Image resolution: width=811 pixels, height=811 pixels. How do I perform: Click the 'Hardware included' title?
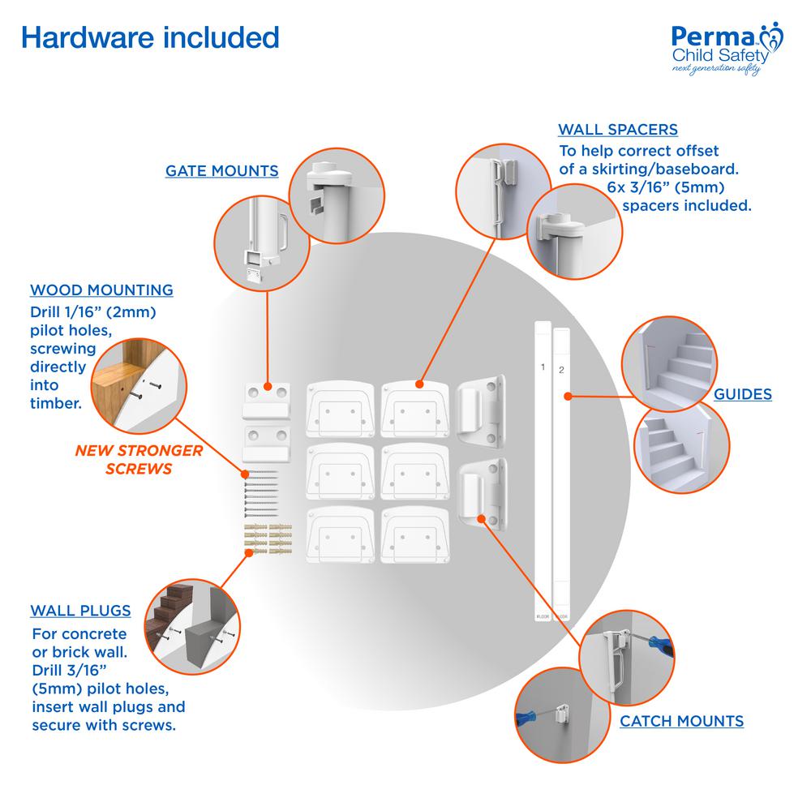point(149,38)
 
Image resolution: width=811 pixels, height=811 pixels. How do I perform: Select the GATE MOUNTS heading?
point(221,171)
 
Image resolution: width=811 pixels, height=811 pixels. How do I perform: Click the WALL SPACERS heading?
point(618,130)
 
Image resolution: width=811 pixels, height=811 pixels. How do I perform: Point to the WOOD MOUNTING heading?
point(101,290)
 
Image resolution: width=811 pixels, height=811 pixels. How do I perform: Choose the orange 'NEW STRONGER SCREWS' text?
point(139,459)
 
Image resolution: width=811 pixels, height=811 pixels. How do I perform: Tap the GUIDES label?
point(742,395)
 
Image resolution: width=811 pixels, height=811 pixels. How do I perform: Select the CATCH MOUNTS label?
point(681,720)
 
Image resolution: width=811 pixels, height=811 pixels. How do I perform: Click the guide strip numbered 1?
point(542,470)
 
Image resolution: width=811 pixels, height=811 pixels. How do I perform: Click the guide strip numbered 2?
point(562,470)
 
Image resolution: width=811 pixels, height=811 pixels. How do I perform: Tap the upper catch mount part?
point(483,411)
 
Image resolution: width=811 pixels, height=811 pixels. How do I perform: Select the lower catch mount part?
point(483,494)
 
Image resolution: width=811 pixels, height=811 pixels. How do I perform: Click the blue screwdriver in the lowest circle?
point(523,717)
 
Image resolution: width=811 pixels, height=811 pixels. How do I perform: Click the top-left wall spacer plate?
point(339,408)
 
